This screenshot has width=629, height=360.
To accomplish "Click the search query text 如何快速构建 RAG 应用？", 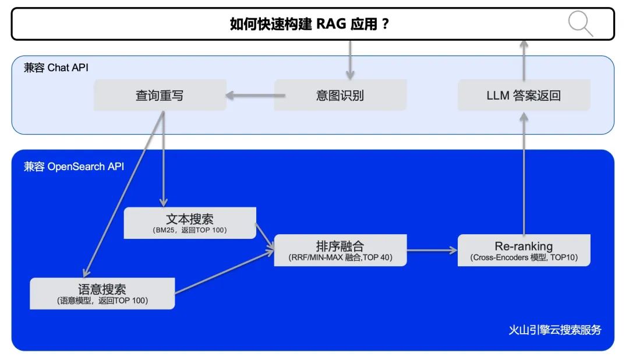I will [309, 24].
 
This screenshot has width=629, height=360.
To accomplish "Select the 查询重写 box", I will [160, 96].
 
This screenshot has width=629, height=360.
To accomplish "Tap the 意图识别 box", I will [340, 96].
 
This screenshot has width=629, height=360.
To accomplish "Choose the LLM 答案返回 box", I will [524, 96].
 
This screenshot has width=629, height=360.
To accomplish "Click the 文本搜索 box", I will [190, 223].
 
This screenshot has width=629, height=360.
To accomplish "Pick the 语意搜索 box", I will [102, 293].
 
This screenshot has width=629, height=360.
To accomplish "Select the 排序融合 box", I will [340, 250].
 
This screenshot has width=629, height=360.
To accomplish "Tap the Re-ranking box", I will [524, 250].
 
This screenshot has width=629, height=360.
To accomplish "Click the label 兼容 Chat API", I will [56, 68].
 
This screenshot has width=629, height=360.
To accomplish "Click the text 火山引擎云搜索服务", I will [554, 330].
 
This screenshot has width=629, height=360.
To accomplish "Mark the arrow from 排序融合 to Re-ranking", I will [432, 250].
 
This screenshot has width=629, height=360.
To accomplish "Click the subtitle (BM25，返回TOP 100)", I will [190, 231].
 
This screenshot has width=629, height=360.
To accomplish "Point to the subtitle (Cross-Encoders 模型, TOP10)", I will [524, 258].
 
